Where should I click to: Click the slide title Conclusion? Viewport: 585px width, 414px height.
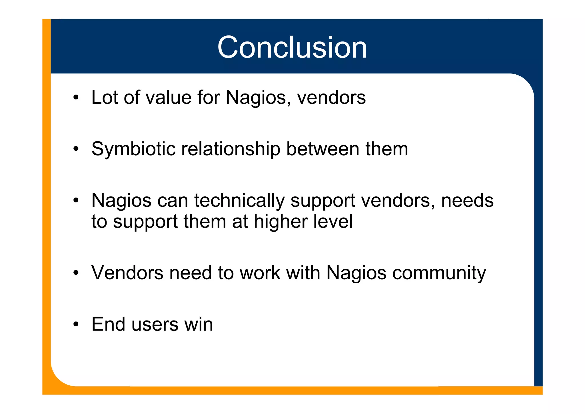292,47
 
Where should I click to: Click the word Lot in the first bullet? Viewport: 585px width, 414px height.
104,97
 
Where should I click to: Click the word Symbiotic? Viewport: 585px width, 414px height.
133,149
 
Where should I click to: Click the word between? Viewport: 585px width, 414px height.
322,149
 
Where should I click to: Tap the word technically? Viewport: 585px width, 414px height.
239,201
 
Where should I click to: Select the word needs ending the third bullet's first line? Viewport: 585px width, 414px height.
467,200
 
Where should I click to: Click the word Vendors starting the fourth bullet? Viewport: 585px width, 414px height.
127,273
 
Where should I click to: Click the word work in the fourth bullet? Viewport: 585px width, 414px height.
260,273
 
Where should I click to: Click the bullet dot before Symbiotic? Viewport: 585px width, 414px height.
76,149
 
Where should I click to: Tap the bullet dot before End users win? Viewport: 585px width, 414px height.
76,324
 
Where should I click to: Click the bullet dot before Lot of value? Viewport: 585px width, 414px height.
76,97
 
